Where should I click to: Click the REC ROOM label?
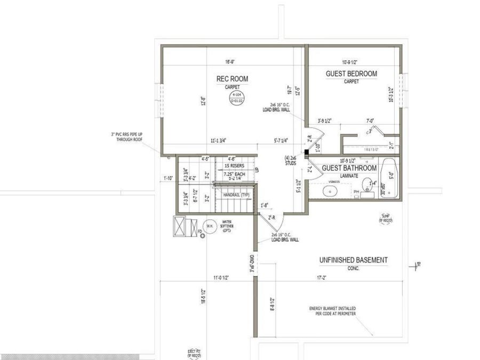click(x=232, y=79)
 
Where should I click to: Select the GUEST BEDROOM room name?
click(x=351, y=74)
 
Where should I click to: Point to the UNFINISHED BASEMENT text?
click(x=353, y=260)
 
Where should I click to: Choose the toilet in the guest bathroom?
click(x=367, y=186)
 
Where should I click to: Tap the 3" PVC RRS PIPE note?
click(x=125, y=138)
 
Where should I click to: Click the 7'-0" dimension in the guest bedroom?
click(x=370, y=121)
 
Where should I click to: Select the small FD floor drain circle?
click(x=203, y=235)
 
